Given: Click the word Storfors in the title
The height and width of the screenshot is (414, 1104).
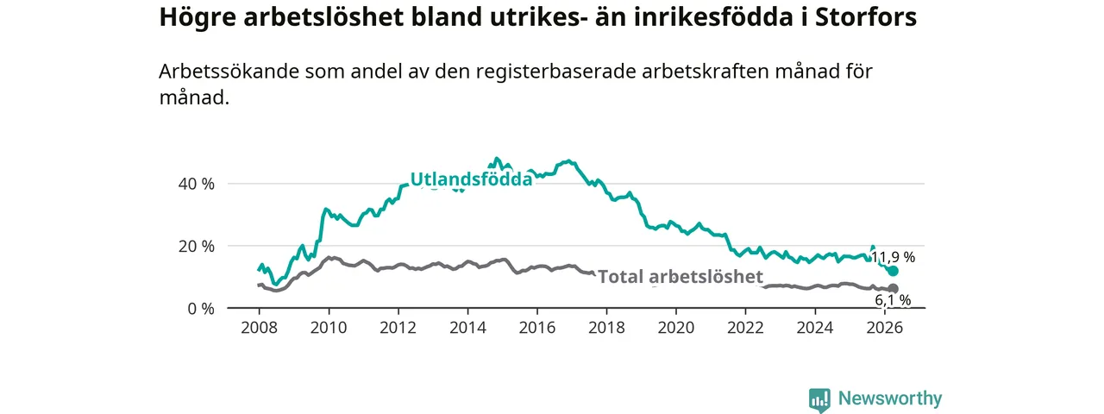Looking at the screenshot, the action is (866, 16).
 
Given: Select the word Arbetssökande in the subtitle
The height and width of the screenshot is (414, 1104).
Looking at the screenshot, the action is (229, 72).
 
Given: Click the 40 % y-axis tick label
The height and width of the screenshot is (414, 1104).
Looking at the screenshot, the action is (196, 184).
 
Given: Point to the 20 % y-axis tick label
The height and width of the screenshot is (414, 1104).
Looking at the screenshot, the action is (196, 246).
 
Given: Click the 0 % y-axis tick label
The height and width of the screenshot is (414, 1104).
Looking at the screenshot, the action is (201, 309).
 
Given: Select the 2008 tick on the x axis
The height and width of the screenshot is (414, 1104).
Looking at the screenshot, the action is (260, 328).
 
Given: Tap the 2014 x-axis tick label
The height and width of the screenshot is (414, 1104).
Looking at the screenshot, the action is (467, 328).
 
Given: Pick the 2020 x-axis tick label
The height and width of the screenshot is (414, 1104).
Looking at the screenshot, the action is (676, 328).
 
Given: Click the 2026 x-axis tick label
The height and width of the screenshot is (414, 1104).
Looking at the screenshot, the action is (885, 328).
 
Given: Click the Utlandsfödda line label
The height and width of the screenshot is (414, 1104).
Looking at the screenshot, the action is (471, 179).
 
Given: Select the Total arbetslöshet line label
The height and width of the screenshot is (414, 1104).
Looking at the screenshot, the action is (681, 277).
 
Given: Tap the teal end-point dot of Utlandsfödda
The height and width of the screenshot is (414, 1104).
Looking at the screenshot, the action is (893, 271).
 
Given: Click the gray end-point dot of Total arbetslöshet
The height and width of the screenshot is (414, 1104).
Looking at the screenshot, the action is (893, 289).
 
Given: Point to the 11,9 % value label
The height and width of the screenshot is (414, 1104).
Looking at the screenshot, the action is (893, 257).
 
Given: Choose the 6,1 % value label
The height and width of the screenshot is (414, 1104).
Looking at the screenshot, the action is (893, 299).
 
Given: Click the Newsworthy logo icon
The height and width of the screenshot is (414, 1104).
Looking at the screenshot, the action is (819, 399).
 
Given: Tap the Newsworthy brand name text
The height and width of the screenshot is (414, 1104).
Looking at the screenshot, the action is (890, 398).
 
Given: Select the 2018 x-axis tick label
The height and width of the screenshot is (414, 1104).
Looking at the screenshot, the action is (606, 328).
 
